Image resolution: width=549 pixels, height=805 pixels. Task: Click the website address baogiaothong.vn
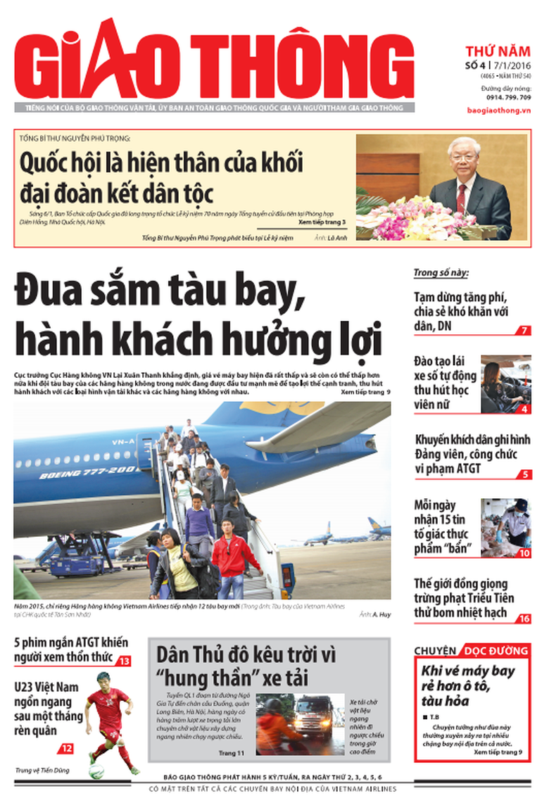point(498,110)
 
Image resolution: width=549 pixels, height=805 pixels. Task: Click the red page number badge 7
point(524,330)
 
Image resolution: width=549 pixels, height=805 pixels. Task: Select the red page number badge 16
point(524,619)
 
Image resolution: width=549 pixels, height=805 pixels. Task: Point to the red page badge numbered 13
point(124,661)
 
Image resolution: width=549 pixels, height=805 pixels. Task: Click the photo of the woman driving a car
point(505,384)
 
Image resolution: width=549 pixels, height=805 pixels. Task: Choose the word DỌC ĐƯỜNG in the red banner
point(494,651)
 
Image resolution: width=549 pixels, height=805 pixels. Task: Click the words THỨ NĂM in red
point(498,51)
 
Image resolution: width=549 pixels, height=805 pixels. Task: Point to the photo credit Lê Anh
point(339,238)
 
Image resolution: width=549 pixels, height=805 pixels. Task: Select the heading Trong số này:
point(441,273)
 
